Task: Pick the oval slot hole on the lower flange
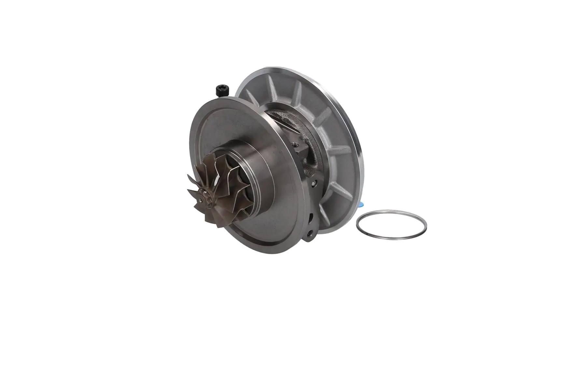point(312,217)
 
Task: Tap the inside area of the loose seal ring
point(391,225)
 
